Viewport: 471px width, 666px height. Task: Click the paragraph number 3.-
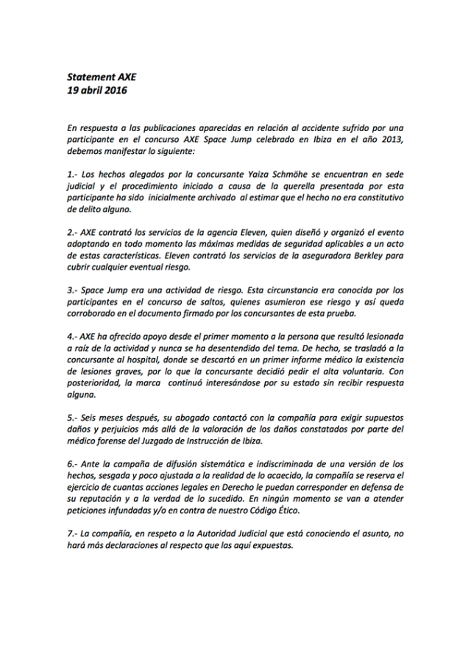coord(72,290)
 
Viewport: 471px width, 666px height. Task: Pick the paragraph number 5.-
coord(72,418)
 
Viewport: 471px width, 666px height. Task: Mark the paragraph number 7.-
coord(72,533)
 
